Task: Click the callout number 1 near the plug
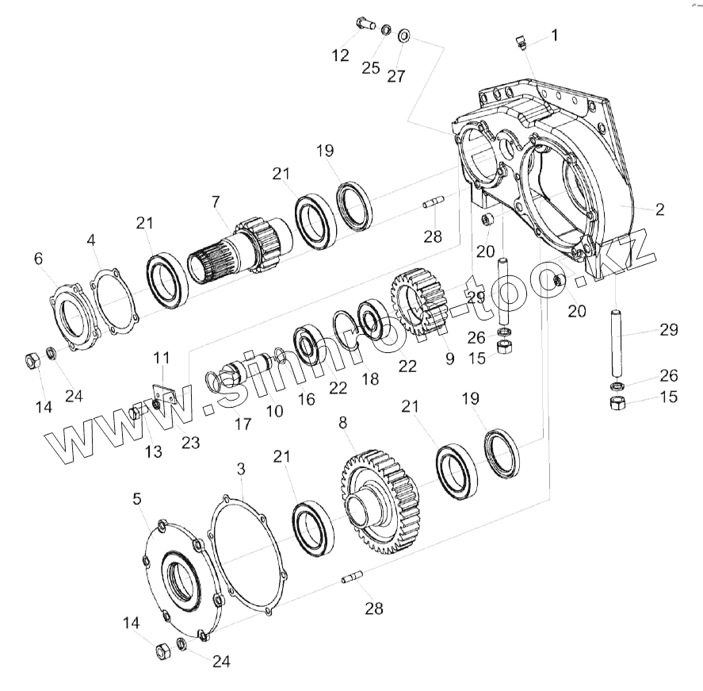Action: [554, 35]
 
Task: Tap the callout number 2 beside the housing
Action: [659, 210]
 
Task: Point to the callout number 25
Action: [371, 67]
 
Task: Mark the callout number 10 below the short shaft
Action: [274, 412]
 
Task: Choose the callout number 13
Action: [153, 451]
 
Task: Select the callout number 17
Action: [243, 424]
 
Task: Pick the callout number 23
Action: [190, 442]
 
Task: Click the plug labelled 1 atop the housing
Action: [520, 42]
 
